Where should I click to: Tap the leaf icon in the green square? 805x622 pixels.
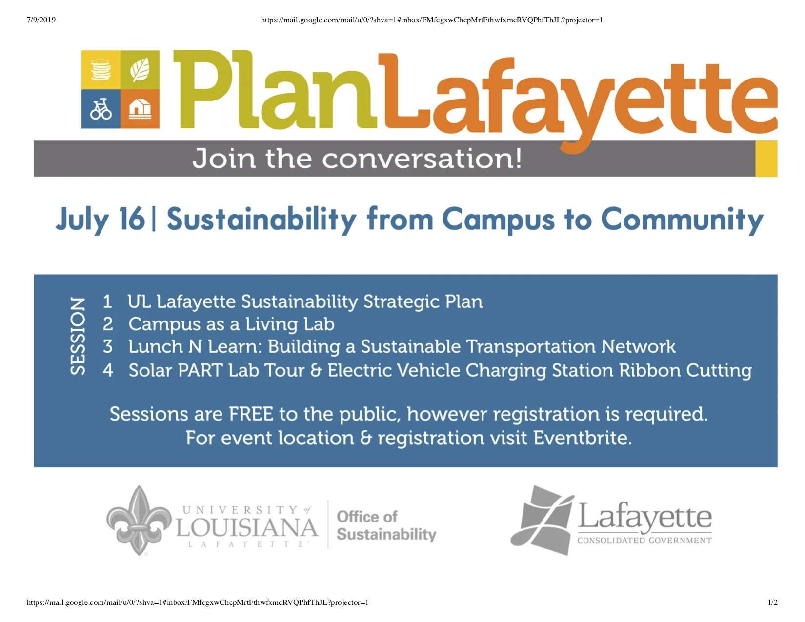click(140, 70)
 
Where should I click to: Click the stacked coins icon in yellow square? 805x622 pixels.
click(101, 70)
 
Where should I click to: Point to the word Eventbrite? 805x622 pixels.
click(583, 438)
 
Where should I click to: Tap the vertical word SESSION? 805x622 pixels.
click(78, 336)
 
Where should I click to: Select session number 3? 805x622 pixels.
click(108, 347)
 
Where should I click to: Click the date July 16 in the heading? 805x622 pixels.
click(100, 219)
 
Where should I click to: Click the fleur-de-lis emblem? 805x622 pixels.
click(140, 521)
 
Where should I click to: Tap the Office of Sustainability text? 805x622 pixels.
click(386, 525)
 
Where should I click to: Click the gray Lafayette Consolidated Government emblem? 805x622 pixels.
click(543, 520)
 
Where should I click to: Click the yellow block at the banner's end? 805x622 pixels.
click(766, 159)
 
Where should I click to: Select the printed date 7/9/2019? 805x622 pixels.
click(41, 20)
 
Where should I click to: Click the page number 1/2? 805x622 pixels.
click(773, 602)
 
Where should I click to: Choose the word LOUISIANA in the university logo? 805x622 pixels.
click(247, 528)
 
